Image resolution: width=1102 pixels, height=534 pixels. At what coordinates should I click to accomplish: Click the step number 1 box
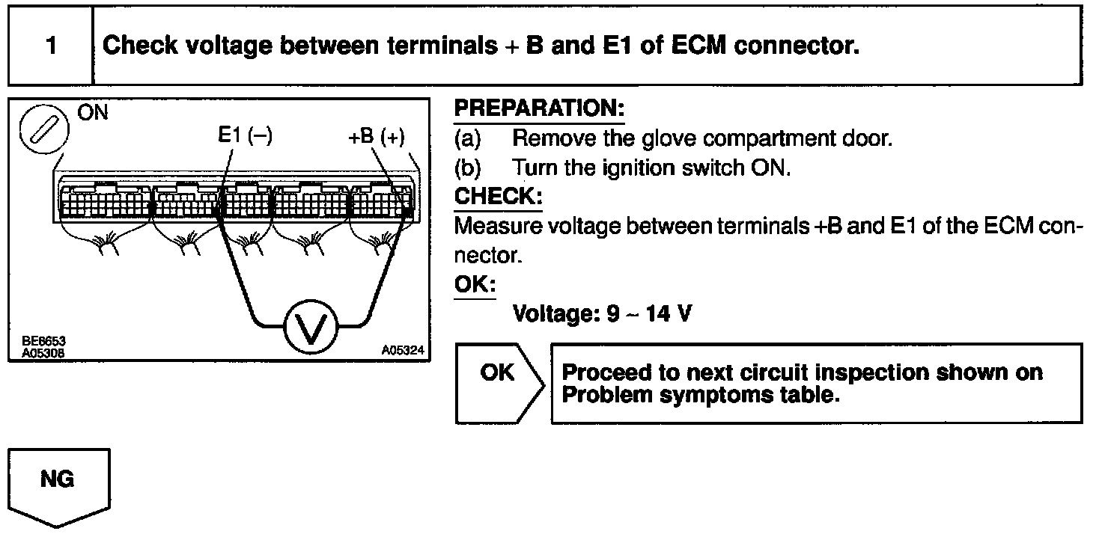(51, 46)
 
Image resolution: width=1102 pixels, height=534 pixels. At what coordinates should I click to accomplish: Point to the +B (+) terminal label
(377, 137)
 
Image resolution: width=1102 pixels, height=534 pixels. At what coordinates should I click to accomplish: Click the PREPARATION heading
(539, 109)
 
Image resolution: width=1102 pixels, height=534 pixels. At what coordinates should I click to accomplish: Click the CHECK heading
(498, 197)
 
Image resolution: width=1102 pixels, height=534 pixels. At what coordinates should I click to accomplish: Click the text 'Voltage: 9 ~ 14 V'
(601, 313)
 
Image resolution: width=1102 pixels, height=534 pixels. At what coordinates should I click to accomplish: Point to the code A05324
(402, 349)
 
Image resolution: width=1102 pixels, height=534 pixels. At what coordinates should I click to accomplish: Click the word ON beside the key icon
(93, 113)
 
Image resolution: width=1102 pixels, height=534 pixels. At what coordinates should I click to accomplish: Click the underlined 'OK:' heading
(475, 285)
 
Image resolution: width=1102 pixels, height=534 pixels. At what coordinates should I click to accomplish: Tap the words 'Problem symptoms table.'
(698, 395)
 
